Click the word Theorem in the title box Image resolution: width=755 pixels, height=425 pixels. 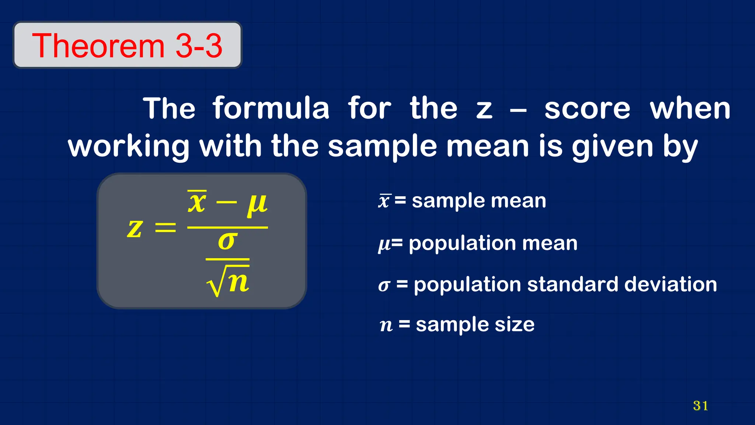(x=98, y=46)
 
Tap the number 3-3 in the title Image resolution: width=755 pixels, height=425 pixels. (x=199, y=46)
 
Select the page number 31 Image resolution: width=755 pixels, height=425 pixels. (x=700, y=405)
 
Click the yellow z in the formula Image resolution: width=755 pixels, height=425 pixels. (x=135, y=228)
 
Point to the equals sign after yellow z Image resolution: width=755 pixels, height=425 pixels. (x=165, y=228)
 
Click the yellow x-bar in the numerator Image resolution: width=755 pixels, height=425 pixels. (x=197, y=202)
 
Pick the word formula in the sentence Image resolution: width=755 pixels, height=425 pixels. (x=271, y=108)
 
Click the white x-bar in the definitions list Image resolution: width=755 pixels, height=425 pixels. (x=384, y=201)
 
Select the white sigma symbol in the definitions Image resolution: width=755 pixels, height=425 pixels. (x=384, y=286)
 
